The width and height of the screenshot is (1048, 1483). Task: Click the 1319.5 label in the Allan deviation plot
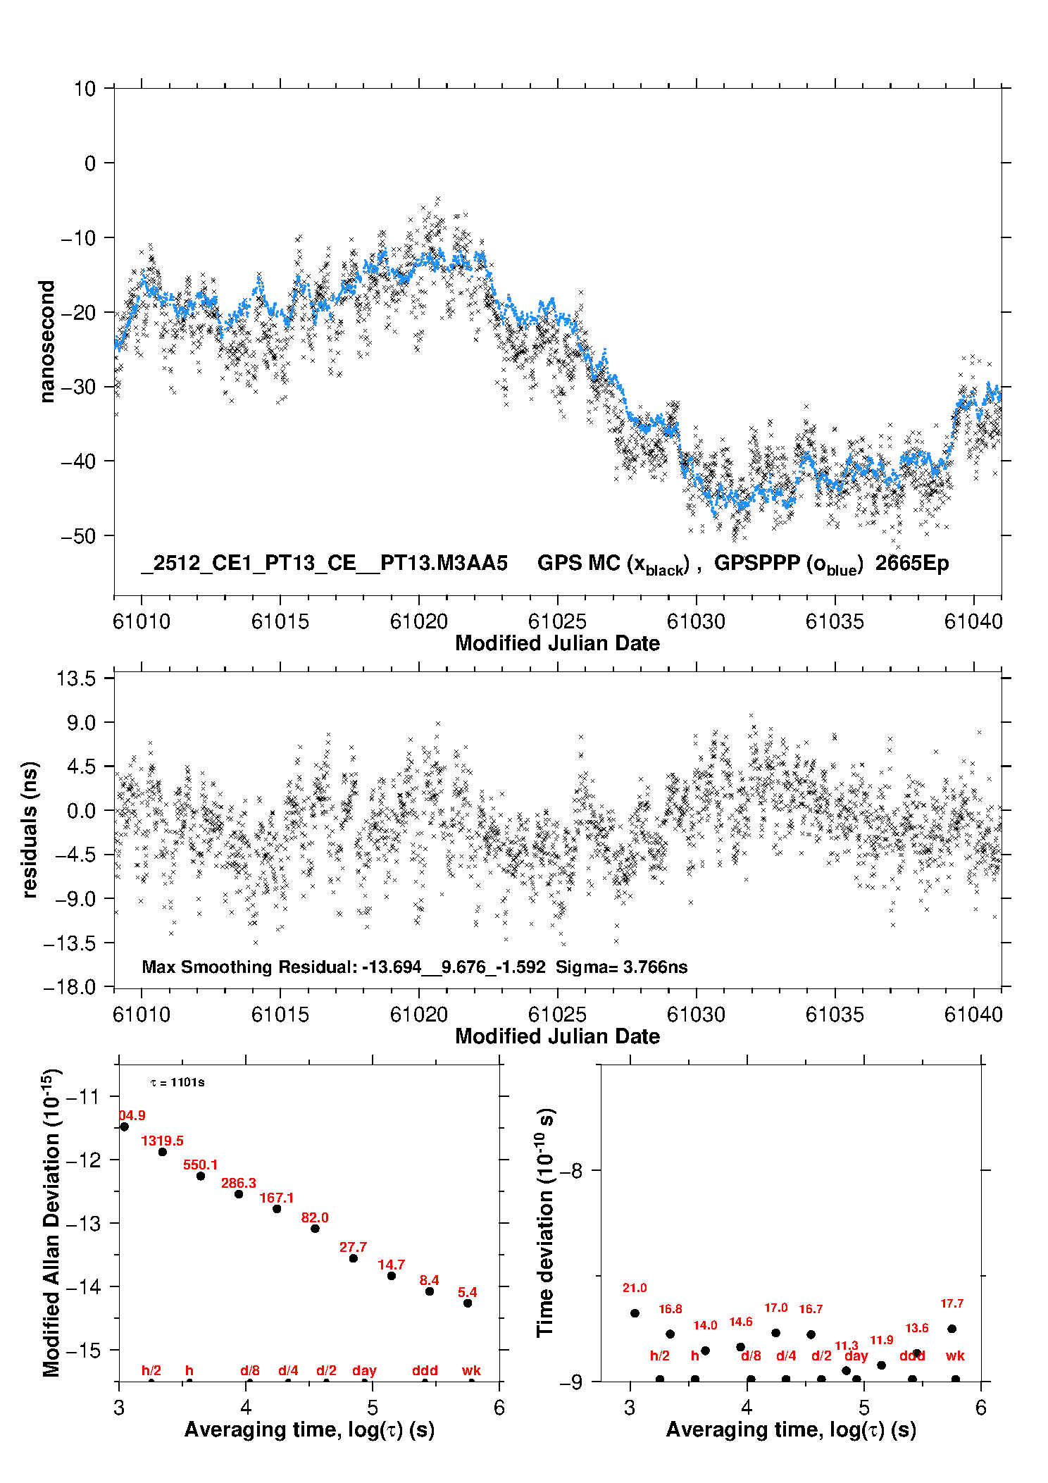pyautogui.click(x=162, y=1141)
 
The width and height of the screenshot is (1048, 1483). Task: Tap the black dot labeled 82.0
pyautogui.click(x=315, y=1229)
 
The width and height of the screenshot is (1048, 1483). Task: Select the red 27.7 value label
pyautogui.click(x=353, y=1247)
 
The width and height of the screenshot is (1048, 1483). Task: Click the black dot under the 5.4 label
pyautogui.click(x=468, y=1303)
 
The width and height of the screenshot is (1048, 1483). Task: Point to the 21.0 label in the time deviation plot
pyautogui.click(x=635, y=1288)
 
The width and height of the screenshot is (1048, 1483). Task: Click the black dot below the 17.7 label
pyautogui.click(x=952, y=1329)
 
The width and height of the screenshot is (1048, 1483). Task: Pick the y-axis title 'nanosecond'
pyautogui.click(x=46, y=342)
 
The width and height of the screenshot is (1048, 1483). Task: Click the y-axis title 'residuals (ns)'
pyautogui.click(x=30, y=829)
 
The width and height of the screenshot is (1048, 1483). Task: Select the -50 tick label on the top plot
pyautogui.click(x=77, y=536)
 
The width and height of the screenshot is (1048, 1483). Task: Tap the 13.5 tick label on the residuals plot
pyautogui.click(x=76, y=678)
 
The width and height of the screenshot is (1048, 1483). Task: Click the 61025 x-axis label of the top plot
pyautogui.click(x=557, y=621)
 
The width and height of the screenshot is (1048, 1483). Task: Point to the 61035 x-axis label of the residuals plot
pyautogui.click(x=835, y=1014)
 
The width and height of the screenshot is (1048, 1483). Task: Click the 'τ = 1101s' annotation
pyautogui.click(x=177, y=1082)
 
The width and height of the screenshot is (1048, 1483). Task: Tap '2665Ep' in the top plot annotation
pyautogui.click(x=912, y=563)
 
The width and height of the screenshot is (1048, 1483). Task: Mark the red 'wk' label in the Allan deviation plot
pyautogui.click(x=471, y=1370)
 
